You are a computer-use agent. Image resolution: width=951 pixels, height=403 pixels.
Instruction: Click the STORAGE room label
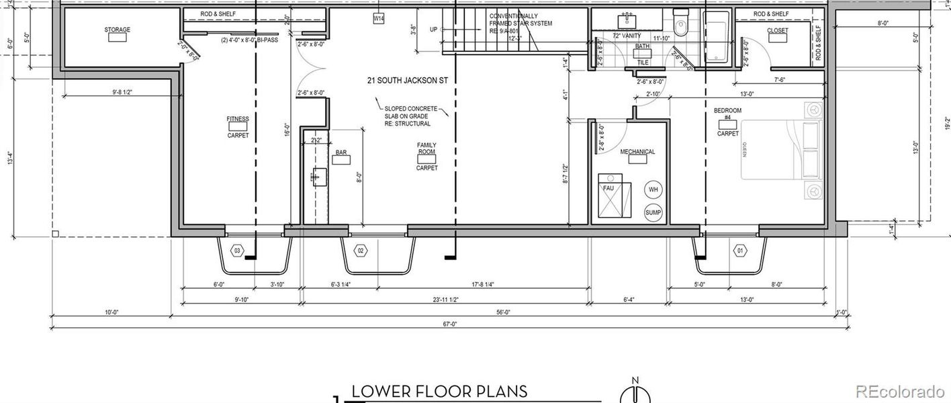coord(117,30)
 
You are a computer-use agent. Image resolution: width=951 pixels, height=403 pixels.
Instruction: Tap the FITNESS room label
coord(238,120)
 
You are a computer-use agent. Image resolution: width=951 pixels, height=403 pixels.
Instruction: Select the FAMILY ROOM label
coord(426,148)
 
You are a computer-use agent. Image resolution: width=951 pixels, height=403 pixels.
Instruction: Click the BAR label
coord(341,152)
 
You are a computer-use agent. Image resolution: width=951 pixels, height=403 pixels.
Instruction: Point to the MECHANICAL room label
coord(637,152)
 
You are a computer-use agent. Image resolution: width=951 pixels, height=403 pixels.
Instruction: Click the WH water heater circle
coord(653,190)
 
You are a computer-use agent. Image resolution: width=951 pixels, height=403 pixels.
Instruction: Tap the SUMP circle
coord(653,213)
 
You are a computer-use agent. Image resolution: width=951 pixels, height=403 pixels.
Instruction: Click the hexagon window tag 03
coord(236,251)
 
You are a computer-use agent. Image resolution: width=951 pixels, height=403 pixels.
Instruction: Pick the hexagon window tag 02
coord(361,251)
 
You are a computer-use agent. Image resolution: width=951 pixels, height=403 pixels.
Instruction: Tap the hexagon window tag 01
coord(741,251)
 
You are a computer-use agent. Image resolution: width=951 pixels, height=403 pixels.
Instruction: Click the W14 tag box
coord(379,19)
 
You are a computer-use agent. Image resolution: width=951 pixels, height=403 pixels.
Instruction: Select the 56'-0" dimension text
coord(504,312)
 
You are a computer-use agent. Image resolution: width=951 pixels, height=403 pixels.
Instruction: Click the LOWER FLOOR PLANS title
coord(439,392)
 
